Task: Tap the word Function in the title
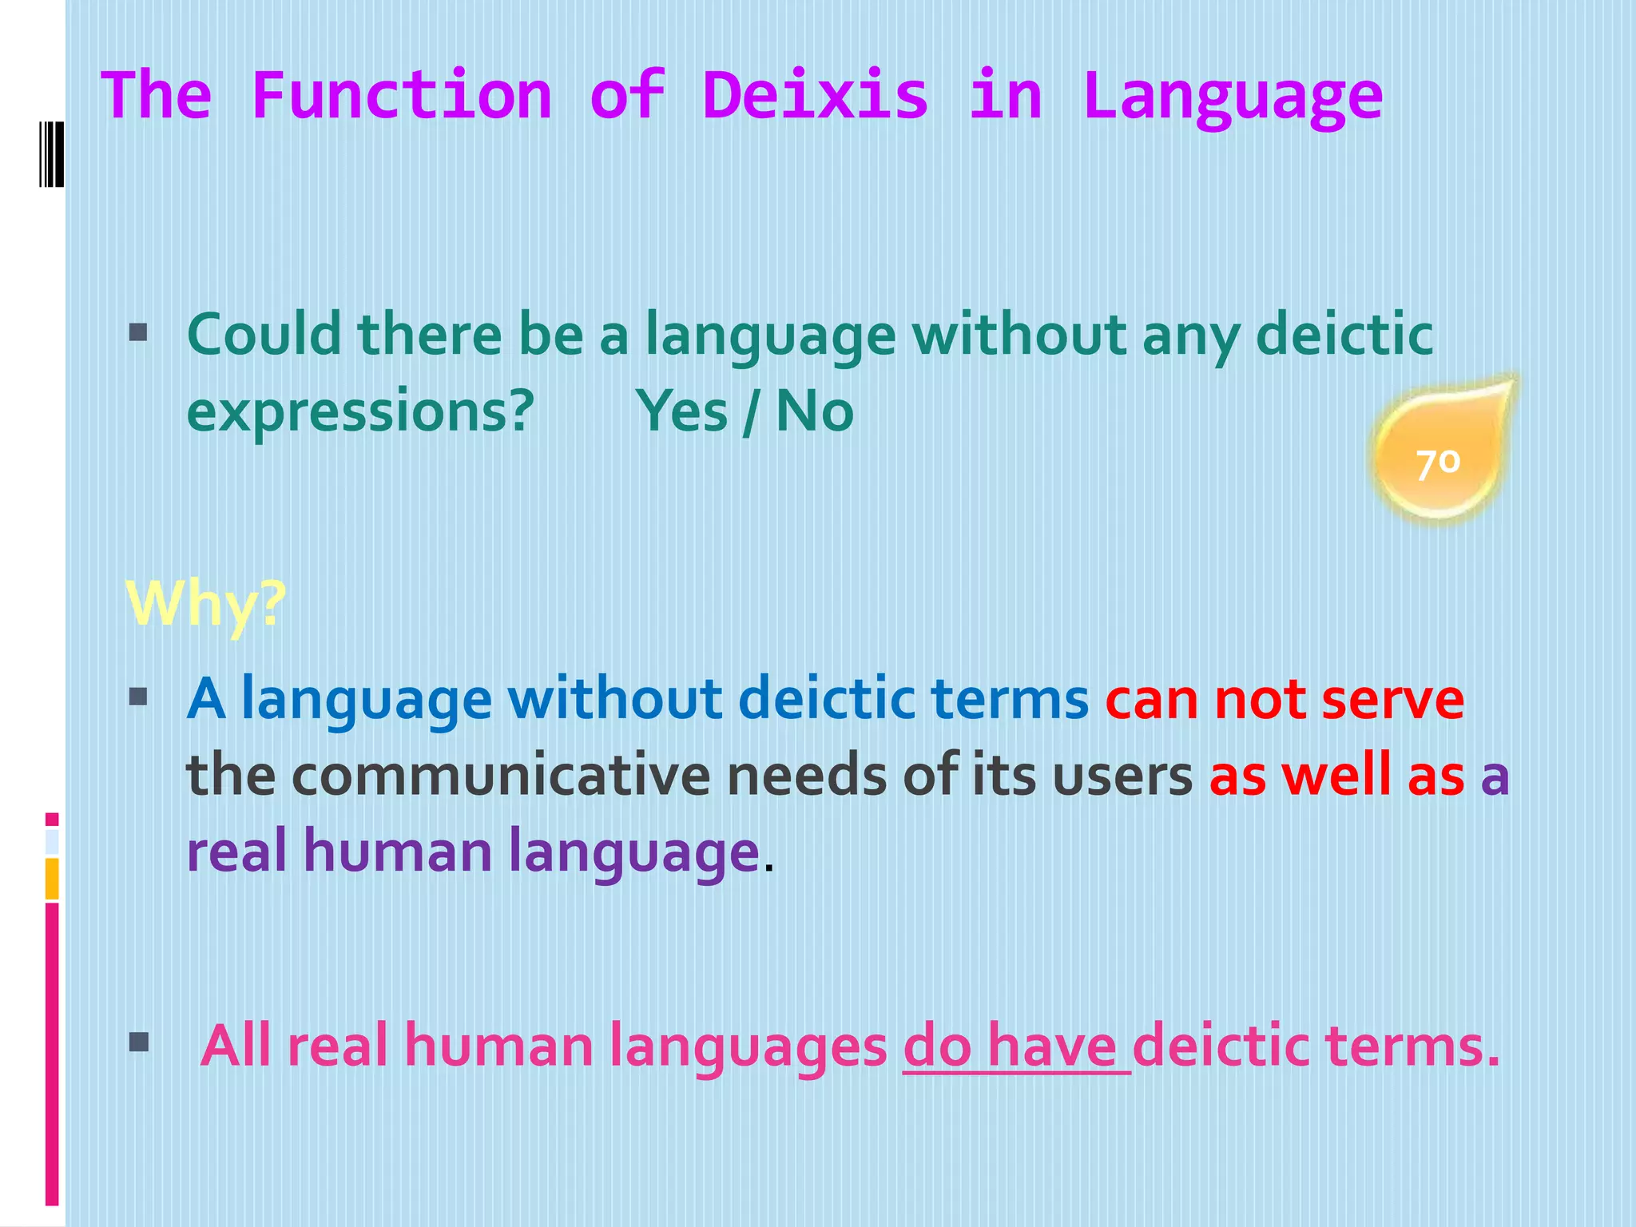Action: tap(402, 96)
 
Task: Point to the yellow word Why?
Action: tap(206, 605)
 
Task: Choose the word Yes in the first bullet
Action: tap(681, 411)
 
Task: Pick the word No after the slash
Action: tap(814, 411)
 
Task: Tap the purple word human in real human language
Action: tap(397, 850)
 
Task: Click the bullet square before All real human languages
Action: tap(138, 1042)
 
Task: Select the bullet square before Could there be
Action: tap(138, 332)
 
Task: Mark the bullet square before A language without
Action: tap(138, 697)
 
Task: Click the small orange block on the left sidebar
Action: tap(52, 879)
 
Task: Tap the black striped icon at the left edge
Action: tap(51, 153)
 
